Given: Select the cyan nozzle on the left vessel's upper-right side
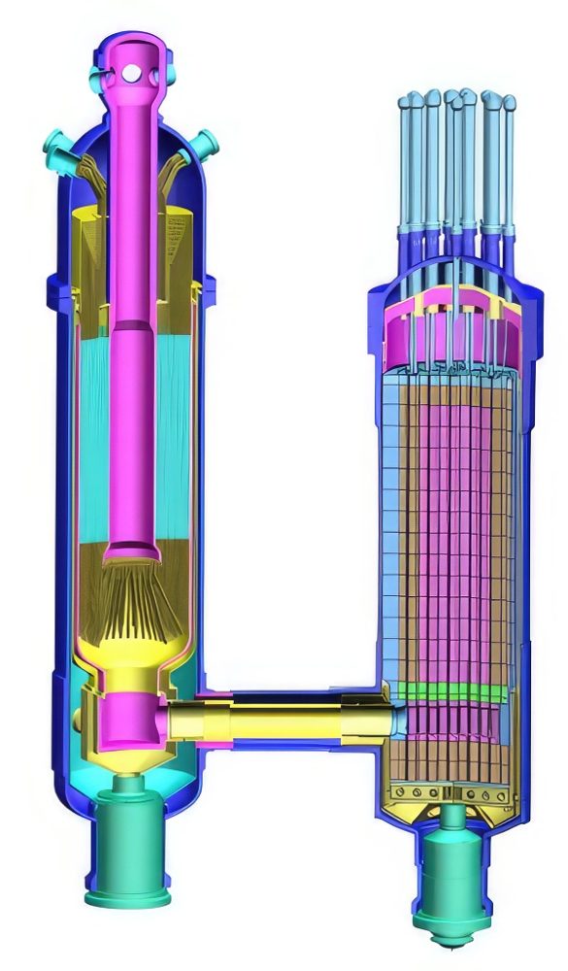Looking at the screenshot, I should tap(205, 146).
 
